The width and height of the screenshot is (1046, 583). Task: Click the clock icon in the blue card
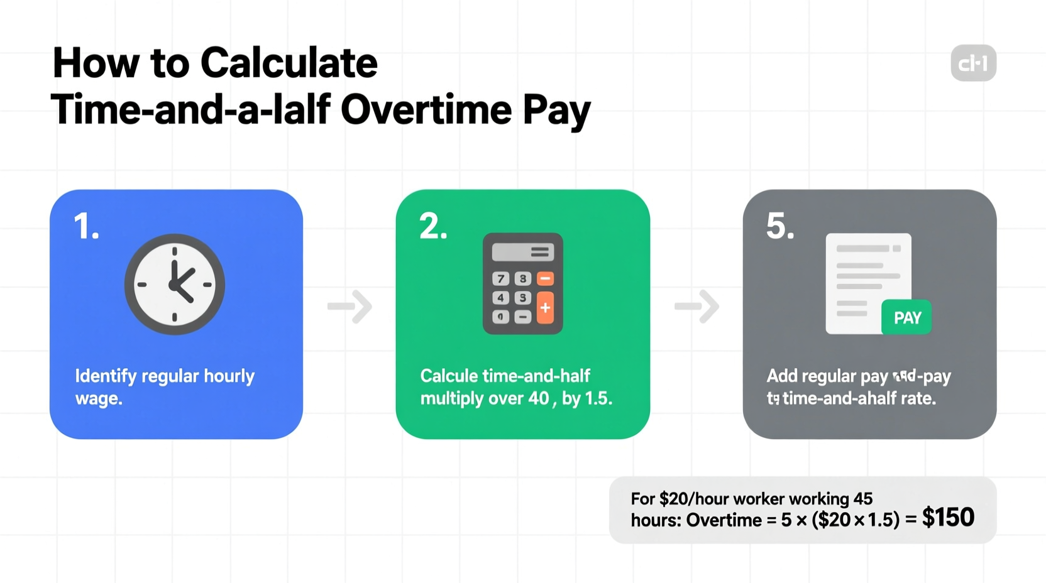click(x=175, y=285)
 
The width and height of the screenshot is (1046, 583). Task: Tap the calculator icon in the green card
click(x=522, y=283)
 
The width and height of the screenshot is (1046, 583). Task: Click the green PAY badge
click(x=906, y=317)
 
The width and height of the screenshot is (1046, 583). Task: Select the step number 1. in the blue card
click(x=86, y=226)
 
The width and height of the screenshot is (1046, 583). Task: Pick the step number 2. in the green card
click(x=433, y=226)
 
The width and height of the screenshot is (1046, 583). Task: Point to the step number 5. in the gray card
click(x=780, y=226)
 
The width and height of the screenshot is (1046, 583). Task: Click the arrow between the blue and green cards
click(x=350, y=307)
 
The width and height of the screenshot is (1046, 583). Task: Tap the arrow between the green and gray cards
click(x=697, y=307)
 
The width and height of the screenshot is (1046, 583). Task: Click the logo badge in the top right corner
click(x=973, y=63)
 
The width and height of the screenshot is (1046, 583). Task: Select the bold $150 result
click(x=948, y=517)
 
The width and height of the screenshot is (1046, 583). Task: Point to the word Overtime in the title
click(x=426, y=109)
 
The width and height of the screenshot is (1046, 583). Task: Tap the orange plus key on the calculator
click(x=545, y=307)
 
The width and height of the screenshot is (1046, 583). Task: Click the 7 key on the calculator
click(x=501, y=278)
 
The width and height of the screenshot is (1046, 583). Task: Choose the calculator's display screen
click(x=522, y=252)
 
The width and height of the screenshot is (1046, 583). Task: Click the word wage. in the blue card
click(x=99, y=398)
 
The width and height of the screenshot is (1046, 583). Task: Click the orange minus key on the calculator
click(x=545, y=278)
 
